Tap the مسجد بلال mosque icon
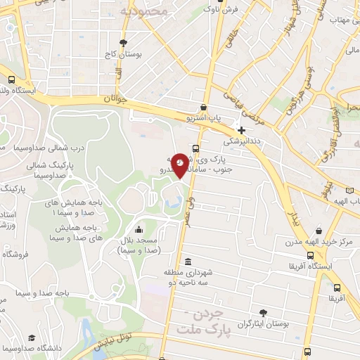139,229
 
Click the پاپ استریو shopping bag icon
203,108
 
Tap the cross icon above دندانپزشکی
242,130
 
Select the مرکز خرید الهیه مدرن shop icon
320,231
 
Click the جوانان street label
117,100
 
